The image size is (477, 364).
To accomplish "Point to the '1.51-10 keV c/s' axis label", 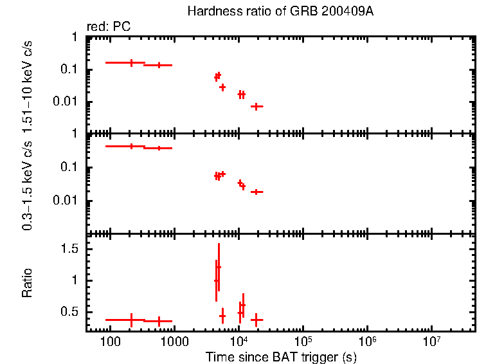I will pos(28,85).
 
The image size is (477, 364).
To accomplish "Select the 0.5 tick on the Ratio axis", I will pos(72,312).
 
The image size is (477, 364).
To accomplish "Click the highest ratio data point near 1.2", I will pos(219,267).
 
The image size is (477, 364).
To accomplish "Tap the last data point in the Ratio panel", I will pos(256,320).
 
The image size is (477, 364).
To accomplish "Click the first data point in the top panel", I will pos(132,62).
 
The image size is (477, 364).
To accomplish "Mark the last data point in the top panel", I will pos(256,106).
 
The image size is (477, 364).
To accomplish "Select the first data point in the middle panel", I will pos(132,147).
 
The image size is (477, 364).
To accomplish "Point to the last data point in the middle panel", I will pos(256,192).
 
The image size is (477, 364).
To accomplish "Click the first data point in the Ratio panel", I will pos(132,320).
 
